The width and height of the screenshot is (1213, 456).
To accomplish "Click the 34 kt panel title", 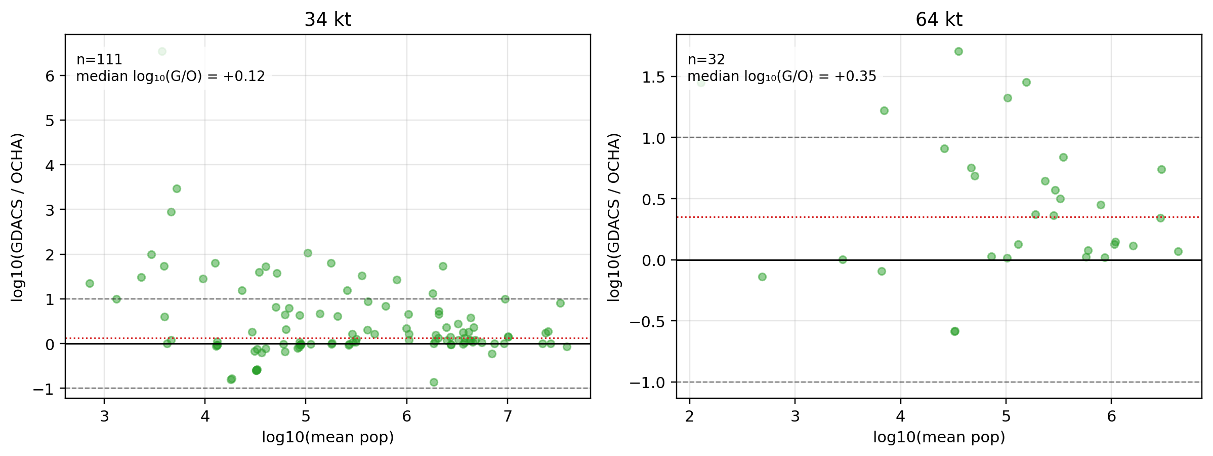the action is (327, 20).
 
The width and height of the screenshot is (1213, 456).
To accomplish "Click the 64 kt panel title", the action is (939, 20).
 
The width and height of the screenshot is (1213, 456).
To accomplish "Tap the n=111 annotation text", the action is (99, 60).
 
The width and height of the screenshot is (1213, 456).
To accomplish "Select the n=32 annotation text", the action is (706, 60).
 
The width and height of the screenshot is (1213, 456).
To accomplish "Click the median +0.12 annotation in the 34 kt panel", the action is (171, 77).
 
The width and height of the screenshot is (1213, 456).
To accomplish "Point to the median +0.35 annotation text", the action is (782, 77).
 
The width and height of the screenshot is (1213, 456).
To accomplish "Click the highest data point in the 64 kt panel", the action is (958, 51).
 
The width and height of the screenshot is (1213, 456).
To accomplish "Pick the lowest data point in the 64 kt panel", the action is (954, 331).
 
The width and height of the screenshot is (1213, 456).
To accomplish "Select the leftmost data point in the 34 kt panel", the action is (90, 283).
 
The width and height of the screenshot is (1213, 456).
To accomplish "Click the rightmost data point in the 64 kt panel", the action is (1178, 251).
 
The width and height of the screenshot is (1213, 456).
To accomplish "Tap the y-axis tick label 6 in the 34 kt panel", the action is (50, 76).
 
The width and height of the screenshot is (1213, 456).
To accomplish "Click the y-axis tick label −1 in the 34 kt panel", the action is (43, 389).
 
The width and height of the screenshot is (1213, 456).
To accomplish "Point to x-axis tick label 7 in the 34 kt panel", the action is (508, 416).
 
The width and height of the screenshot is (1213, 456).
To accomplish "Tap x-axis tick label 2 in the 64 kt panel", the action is (689, 416).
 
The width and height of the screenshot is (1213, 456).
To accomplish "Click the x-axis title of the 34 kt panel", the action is (328, 437).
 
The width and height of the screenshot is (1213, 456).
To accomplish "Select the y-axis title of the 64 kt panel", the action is (614, 217).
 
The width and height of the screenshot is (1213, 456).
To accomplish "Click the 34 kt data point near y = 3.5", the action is (177, 188).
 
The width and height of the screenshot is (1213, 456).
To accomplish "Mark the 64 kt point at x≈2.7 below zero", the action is (762, 277).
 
